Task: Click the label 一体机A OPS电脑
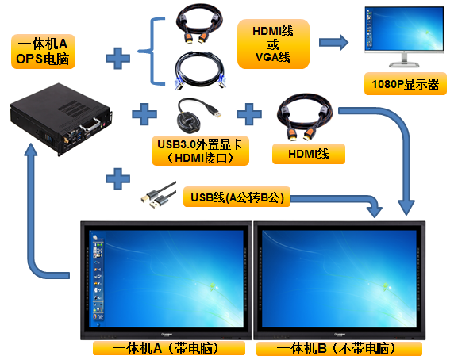43,52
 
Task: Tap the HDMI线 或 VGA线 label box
273,44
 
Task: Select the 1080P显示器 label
406,84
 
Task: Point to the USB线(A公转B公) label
237,197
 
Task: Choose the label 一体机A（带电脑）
169,348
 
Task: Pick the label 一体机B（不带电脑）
339,348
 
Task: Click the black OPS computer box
61,119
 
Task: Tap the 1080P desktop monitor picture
404,37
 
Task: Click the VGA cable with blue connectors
200,70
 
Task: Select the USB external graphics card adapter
198,116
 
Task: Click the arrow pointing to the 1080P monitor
334,43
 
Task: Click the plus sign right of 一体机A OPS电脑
117,58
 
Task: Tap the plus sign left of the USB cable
117,178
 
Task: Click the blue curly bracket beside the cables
152,52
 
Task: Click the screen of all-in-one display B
339,279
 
